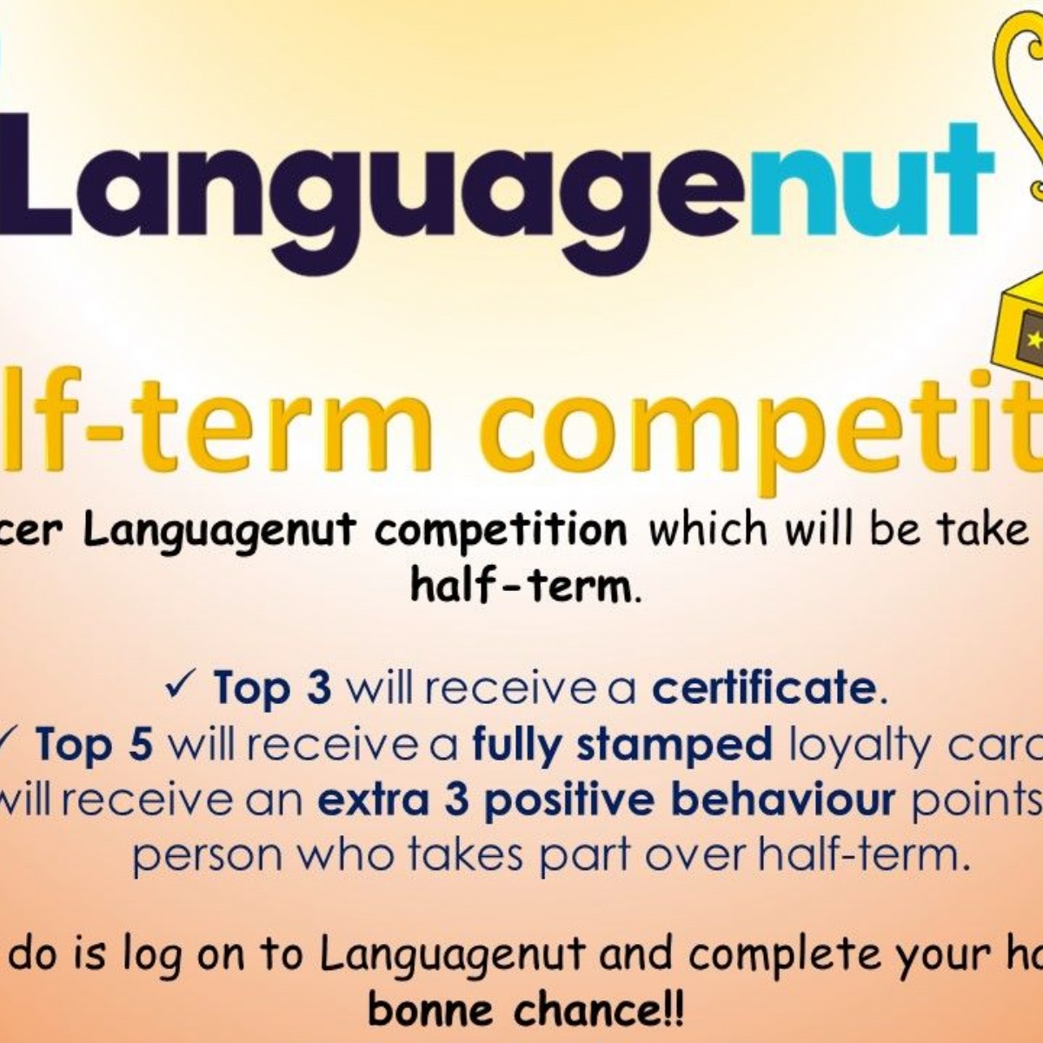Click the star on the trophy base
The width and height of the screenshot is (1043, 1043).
(1033, 340)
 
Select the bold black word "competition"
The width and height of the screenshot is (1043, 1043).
(501, 530)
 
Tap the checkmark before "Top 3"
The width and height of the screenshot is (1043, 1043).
(185, 686)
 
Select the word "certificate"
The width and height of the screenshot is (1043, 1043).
(764, 688)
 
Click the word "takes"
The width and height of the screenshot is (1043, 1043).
(475, 856)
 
